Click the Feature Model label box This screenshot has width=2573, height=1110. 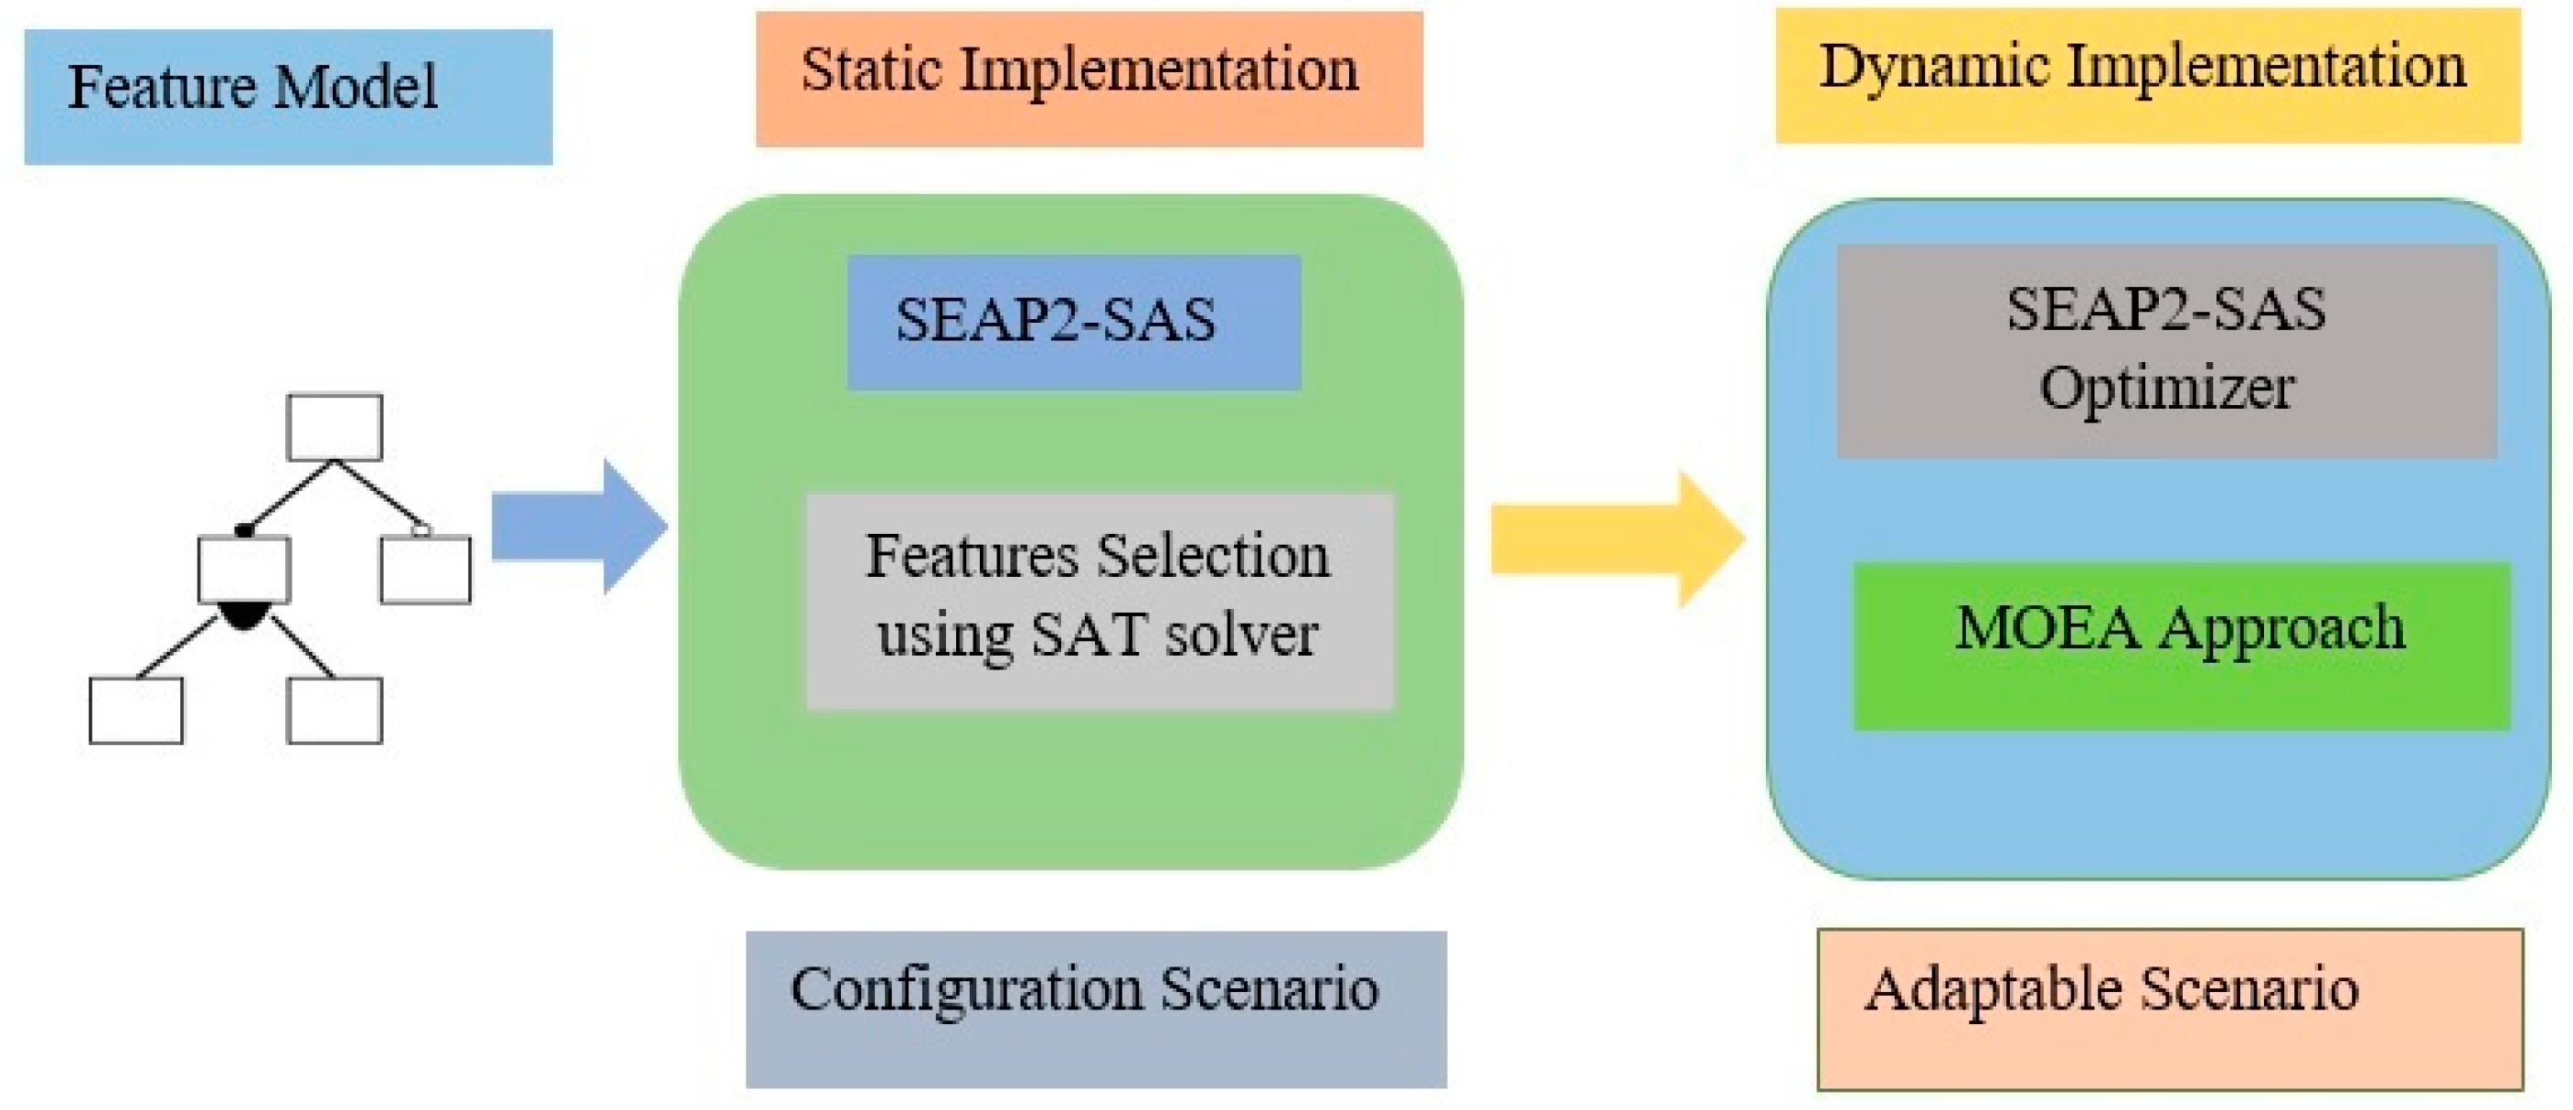point(288,96)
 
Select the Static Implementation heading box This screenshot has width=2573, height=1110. point(1089,79)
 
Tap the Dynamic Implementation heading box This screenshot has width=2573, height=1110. point(2147,75)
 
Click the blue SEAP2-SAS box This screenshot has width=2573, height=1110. point(1074,322)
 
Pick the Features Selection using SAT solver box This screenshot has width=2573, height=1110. point(1100,601)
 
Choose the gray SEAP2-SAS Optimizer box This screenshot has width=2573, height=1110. point(2166,351)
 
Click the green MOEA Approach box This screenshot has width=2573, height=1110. point(2182,646)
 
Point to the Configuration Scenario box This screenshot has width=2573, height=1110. point(1096,1009)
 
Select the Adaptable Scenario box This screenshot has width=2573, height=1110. point(2170,1009)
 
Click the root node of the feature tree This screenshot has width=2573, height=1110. point(335,428)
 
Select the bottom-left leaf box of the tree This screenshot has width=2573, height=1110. point(136,710)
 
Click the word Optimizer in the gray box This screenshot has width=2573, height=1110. point(2166,388)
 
